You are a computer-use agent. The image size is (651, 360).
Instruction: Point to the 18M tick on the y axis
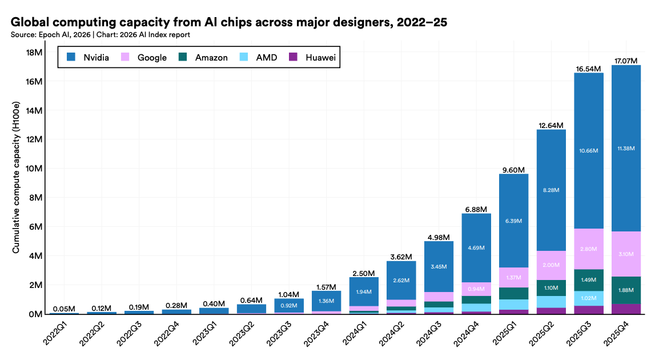point(34,52)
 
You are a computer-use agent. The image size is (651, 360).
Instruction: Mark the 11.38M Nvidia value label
point(626,149)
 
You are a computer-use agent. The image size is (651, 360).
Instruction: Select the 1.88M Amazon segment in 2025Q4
point(626,290)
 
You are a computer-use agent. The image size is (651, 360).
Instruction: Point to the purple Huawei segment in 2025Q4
point(626,309)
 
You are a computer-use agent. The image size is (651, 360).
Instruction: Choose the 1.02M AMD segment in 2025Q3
point(588,298)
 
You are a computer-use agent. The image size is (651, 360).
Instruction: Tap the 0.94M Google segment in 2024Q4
point(476,289)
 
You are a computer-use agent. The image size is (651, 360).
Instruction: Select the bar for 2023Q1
point(214,311)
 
